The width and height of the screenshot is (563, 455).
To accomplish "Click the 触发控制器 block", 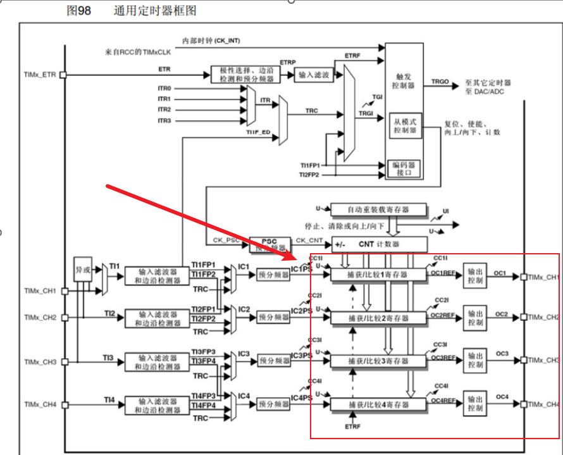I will (404, 80).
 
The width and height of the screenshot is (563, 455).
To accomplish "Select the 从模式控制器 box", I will (404, 126).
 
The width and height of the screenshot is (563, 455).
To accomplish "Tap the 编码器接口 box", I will (404, 168).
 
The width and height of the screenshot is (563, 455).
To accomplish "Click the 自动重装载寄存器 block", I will (378, 209).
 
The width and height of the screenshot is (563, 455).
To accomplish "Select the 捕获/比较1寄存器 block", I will (378, 275).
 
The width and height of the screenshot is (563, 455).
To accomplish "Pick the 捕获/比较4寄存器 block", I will (378, 404).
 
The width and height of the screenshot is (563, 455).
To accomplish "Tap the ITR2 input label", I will (164, 109).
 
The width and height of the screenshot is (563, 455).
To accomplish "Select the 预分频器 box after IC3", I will (273, 361).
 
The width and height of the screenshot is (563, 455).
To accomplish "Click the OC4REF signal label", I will (443, 401).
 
